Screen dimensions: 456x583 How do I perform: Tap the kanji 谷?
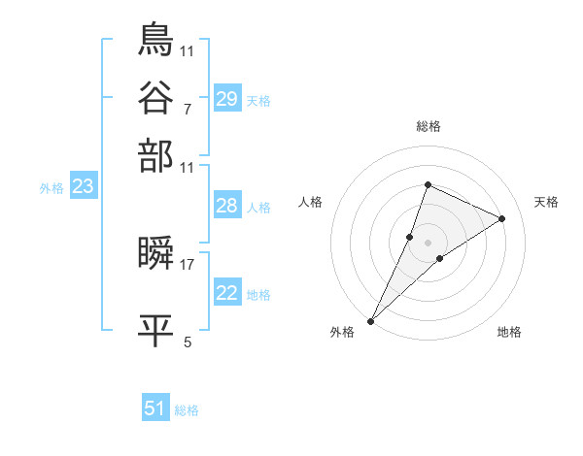pyautogui.click(x=156, y=97)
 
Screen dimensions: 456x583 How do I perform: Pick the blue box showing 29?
pyautogui.click(x=227, y=99)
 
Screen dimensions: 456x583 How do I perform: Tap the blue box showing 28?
pyautogui.click(x=227, y=206)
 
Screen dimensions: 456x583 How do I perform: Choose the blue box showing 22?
pyautogui.click(x=227, y=293)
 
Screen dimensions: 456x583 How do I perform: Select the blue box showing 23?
pyautogui.click(x=83, y=186)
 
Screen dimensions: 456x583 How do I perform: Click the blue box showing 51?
pyautogui.click(x=155, y=408)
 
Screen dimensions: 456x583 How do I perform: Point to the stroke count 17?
pyautogui.click(x=188, y=262)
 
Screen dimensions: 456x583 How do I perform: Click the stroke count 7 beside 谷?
pyautogui.click(x=187, y=109)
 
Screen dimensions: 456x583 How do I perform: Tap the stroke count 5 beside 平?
pyautogui.click(x=188, y=342)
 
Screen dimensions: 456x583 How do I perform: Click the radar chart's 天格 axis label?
pyautogui.click(x=546, y=202)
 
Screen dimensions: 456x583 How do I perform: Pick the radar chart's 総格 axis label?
pyautogui.click(x=428, y=126)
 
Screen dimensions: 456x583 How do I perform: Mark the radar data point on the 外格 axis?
pyautogui.click(x=371, y=320)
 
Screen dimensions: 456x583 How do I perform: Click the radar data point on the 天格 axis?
pyautogui.click(x=502, y=218)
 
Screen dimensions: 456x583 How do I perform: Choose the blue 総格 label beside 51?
pyautogui.click(x=187, y=410)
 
